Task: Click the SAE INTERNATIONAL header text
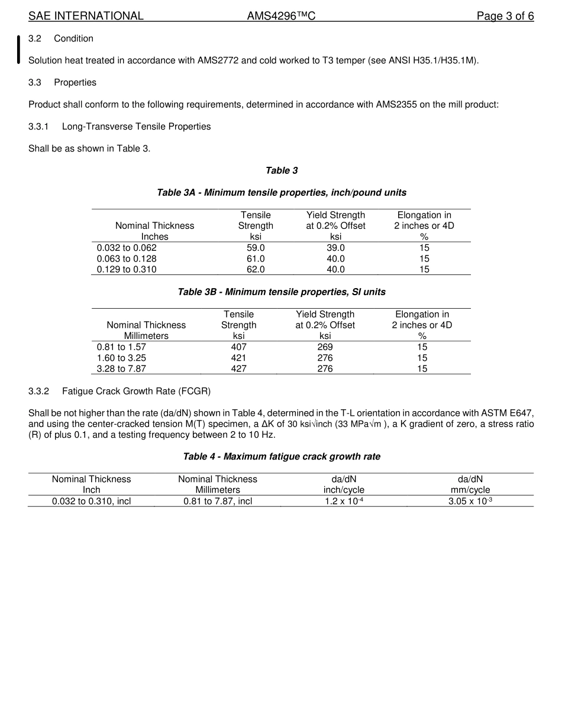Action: [x=86, y=16]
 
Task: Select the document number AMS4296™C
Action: [x=281, y=16]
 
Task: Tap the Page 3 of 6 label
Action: [x=505, y=16]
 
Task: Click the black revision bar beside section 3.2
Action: [x=19, y=49]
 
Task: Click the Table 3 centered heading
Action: [x=282, y=170]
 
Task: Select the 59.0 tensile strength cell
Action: [x=256, y=248]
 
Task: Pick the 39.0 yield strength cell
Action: [x=335, y=248]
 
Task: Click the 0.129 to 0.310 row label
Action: [x=127, y=269]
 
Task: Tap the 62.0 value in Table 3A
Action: [x=256, y=269]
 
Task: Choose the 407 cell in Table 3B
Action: [x=238, y=347]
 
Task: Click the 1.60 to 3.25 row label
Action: [x=121, y=358]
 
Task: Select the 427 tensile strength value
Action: [x=238, y=369]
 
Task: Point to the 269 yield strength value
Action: [x=325, y=347]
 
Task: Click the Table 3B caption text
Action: [x=282, y=292]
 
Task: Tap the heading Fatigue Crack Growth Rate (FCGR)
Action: [x=136, y=391]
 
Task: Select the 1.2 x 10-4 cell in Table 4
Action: [x=344, y=501]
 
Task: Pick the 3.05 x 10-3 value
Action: [x=470, y=501]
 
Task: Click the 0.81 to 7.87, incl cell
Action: [x=218, y=501]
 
